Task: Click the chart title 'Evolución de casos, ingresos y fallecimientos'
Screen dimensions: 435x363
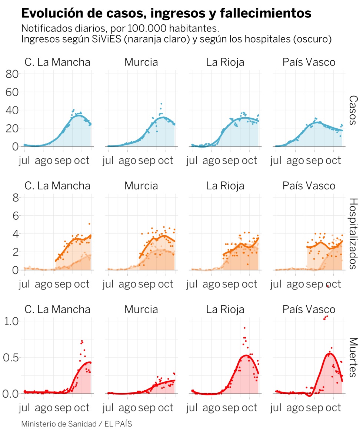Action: [x=166, y=13]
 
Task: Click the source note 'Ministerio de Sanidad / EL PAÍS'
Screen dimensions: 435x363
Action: [x=76, y=424]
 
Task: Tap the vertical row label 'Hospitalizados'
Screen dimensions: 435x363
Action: [x=353, y=233]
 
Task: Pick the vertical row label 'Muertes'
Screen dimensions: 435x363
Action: [x=353, y=357]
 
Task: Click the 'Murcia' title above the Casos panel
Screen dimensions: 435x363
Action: [x=141, y=62]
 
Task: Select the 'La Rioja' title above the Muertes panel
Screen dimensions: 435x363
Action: [x=225, y=309]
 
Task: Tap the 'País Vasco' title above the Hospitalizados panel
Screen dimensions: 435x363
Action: [x=309, y=186]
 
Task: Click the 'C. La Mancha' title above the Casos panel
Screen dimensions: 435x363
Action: [x=57, y=62]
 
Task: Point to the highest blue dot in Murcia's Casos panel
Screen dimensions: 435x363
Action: [x=161, y=104]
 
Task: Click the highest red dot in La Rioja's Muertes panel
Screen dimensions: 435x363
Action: [x=244, y=328]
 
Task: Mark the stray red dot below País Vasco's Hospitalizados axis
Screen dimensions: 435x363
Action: [x=328, y=286]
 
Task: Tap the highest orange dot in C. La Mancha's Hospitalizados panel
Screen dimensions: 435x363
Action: [x=89, y=224]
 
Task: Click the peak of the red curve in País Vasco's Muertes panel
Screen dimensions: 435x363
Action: [x=329, y=354]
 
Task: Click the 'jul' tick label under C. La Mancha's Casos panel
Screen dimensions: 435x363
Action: [x=25, y=161]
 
